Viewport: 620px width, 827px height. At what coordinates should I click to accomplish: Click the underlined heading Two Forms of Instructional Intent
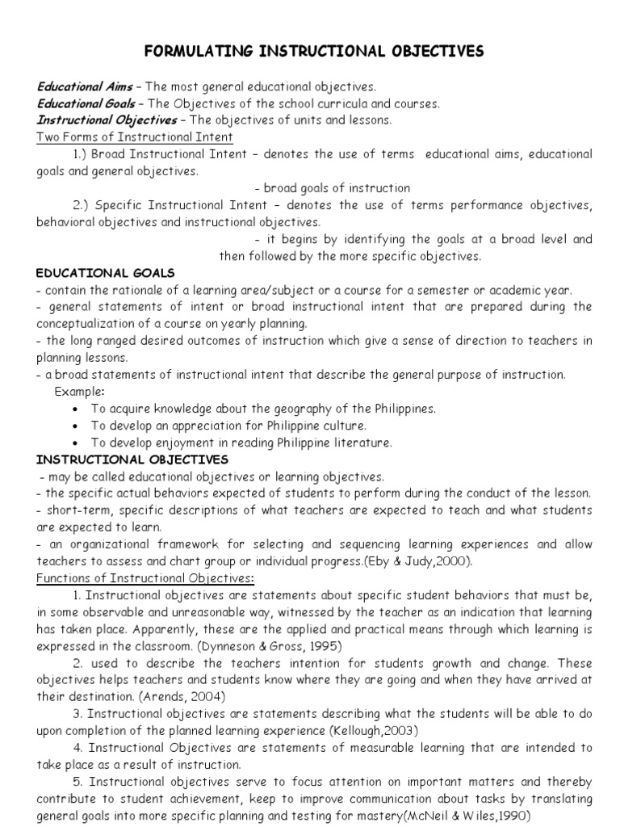[135, 136]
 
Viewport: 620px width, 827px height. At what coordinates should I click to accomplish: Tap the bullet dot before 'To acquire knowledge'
[75, 409]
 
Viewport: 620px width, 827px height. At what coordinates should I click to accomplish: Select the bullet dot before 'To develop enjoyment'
[75, 443]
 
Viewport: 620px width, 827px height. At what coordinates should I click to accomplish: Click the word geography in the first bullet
[282, 409]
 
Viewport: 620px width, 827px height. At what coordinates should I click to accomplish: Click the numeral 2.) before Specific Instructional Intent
[82, 204]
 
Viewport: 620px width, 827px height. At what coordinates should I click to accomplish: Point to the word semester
[453, 290]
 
